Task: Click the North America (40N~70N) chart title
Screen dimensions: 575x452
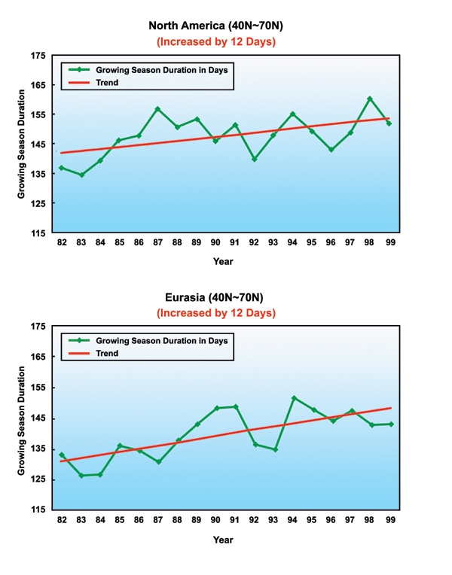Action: click(x=215, y=26)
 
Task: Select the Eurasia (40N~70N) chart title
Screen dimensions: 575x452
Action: click(x=215, y=297)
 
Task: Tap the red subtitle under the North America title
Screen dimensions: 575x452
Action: click(x=215, y=41)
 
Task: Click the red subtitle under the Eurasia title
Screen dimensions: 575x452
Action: click(x=215, y=312)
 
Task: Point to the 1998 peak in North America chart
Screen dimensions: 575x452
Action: click(x=370, y=99)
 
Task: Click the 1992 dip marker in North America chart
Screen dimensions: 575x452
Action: click(x=255, y=160)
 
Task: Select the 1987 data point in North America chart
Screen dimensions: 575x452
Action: click(x=157, y=109)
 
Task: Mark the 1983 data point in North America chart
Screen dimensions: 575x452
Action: click(x=81, y=175)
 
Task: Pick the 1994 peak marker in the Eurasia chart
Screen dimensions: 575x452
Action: click(x=294, y=397)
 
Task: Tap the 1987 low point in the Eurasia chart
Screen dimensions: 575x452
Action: click(x=159, y=462)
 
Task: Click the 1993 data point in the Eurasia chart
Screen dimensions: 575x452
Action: click(x=275, y=449)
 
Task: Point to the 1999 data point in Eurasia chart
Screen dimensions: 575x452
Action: click(x=390, y=424)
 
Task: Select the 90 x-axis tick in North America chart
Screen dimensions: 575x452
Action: click(x=215, y=243)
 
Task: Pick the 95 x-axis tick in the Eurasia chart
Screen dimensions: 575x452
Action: click(x=313, y=519)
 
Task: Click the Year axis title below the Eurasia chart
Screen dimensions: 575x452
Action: click(x=222, y=540)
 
